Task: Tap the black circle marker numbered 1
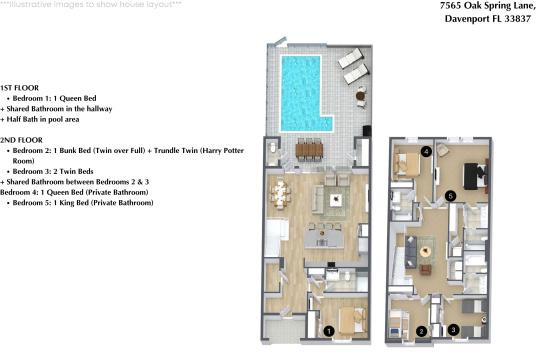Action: (x=329, y=331)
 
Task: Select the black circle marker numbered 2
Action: (x=421, y=331)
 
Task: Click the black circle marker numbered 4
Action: (x=426, y=152)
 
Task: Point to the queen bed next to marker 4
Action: (x=408, y=164)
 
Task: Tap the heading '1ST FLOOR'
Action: (x=19, y=88)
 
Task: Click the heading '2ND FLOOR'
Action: (x=20, y=139)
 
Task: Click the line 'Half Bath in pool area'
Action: (x=49, y=120)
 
